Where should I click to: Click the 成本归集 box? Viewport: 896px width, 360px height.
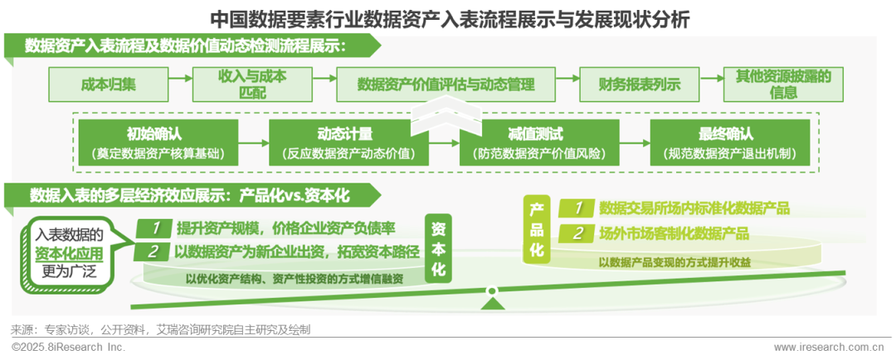pyautogui.click(x=109, y=85)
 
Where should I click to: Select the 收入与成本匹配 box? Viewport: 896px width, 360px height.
pyautogui.click(x=252, y=85)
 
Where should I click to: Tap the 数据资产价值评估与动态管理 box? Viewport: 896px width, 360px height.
pyautogui.click(x=446, y=85)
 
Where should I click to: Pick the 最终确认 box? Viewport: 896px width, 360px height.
pyautogui.click(x=725, y=143)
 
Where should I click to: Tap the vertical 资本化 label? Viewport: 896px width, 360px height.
pyautogui.click(x=438, y=249)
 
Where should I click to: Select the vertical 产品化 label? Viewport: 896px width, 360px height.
pyautogui.click(x=537, y=230)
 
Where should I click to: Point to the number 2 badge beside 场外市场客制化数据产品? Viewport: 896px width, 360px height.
pyautogui.click(x=577, y=233)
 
